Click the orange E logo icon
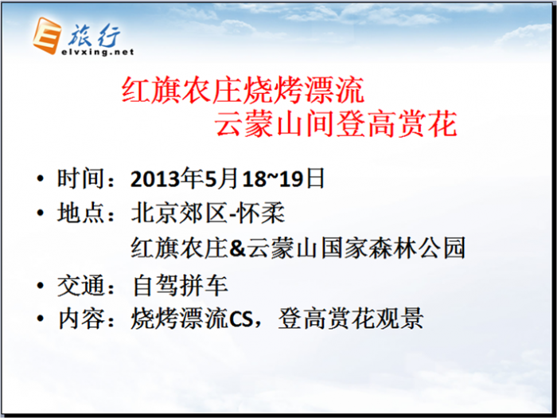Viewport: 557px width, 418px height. [x=46, y=36]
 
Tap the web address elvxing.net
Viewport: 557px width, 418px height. [x=98, y=53]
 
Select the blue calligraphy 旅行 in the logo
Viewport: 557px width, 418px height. [x=94, y=36]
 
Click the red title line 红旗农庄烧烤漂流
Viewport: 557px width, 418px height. [x=243, y=90]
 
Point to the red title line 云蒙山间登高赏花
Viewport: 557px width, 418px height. [x=336, y=124]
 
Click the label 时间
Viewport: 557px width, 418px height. [x=80, y=178]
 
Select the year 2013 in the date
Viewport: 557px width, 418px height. [x=155, y=179]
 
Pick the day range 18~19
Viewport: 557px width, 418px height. [x=273, y=179]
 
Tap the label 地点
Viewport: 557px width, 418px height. [x=80, y=213]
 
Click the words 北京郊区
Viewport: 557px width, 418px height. [x=179, y=213]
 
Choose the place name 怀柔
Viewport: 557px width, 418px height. [x=261, y=213]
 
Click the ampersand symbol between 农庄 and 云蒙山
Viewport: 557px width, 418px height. [x=237, y=248]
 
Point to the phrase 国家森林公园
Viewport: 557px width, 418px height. [x=393, y=248]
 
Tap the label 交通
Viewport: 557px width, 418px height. [x=80, y=285]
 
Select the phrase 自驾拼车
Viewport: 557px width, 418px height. [x=180, y=285]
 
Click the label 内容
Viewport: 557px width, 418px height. [x=81, y=318]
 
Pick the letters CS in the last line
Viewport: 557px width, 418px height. [x=241, y=318]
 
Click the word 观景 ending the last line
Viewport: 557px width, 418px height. [x=399, y=318]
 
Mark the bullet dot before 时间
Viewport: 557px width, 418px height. [x=40, y=178]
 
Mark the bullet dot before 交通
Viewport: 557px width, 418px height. [x=40, y=285]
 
